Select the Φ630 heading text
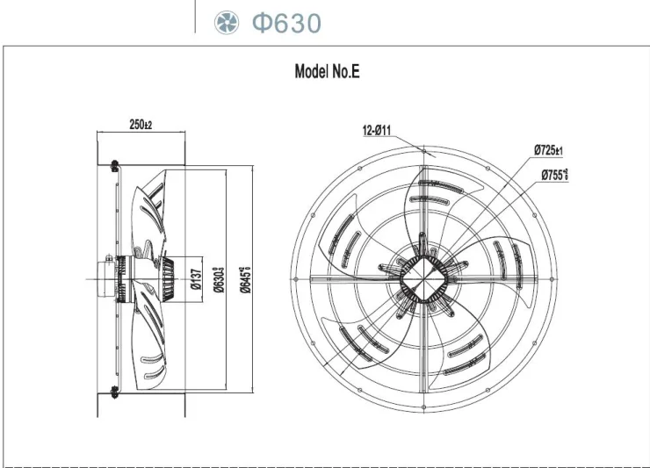[286, 23]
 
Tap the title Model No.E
[326, 73]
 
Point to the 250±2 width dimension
[141, 125]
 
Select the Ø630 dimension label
[223, 277]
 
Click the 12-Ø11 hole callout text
[377, 131]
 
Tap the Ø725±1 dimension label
[547, 150]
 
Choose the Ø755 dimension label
[554, 175]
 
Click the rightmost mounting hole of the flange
[554, 280]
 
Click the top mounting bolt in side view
[112, 164]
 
